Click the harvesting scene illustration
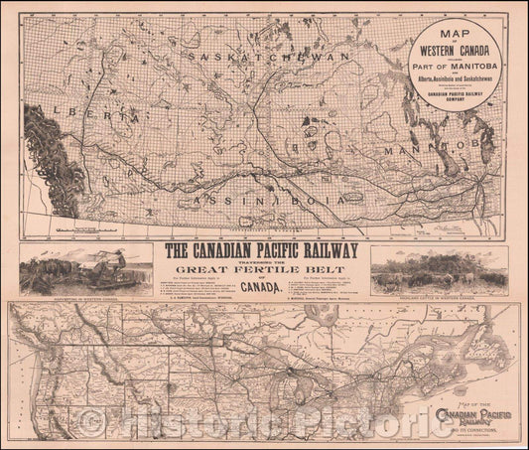85,265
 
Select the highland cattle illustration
438,266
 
